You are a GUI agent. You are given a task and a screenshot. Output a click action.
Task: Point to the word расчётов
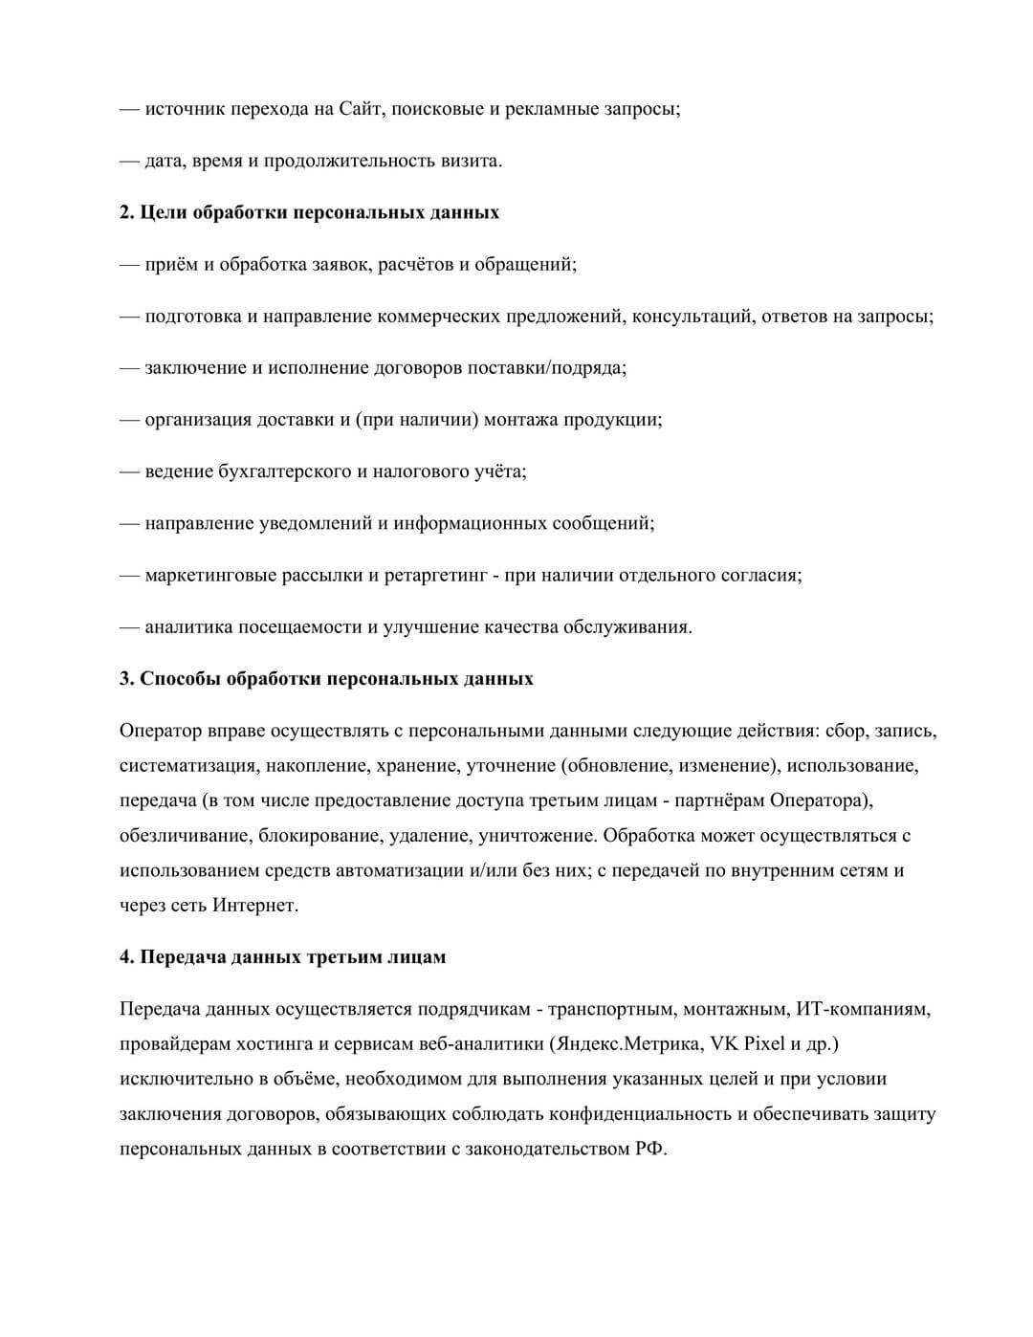pos(414,264)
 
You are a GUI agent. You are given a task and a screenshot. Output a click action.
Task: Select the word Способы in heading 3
pos(179,679)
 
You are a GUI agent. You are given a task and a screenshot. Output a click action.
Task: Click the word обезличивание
pos(185,836)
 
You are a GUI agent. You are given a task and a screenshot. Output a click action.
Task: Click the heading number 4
pos(126,956)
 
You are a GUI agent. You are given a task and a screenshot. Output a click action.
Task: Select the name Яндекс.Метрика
pos(626,1043)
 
